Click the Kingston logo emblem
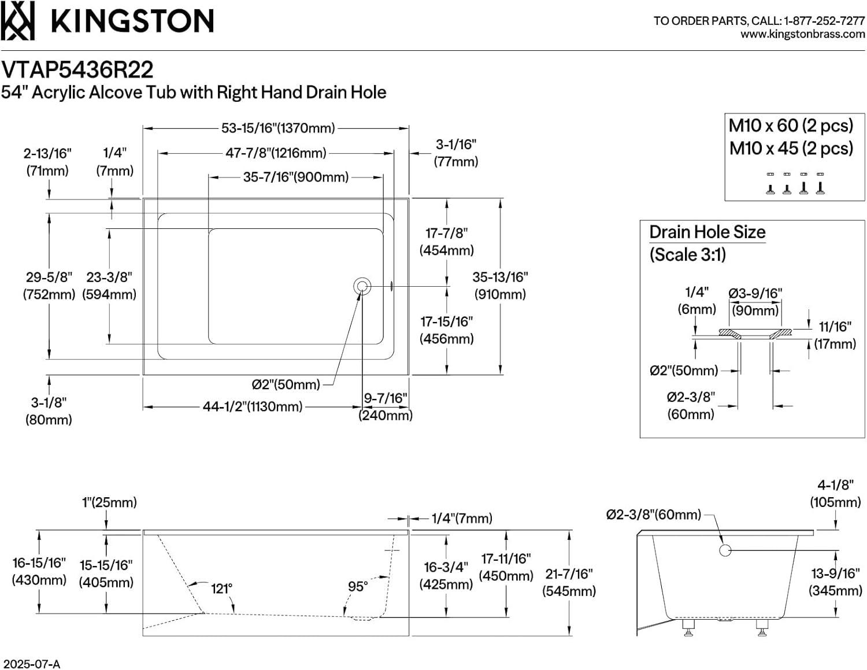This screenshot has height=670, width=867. pos(17,21)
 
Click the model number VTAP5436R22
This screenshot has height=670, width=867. pos(77,70)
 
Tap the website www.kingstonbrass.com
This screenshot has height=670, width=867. pos(802,35)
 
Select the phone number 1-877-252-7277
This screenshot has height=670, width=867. pos(824,21)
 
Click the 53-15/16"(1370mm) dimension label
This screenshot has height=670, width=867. pos(278,128)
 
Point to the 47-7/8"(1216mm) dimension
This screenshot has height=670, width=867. pos(276,153)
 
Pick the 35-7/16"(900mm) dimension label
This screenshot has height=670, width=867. pos(295,177)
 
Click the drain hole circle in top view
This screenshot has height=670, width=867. pos(362,286)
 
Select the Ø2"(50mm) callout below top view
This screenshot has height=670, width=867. pos(286,384)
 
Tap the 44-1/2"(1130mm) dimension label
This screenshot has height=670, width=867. pos(252,407)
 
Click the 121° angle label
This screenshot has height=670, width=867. pos(221,588)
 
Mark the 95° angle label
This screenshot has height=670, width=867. pos(358,586)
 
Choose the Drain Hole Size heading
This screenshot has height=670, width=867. pos(707,232)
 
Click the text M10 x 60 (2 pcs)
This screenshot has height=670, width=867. pos(791,125)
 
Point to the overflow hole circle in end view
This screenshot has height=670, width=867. pos(725,550)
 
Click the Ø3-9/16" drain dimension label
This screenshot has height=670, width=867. pos(755,294)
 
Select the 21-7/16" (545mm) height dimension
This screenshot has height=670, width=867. pos(569,582)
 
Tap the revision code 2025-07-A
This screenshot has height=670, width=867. pos(31,664)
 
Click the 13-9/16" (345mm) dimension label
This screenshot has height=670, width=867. pos(835,582)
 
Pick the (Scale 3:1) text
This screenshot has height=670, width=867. pos(687,254)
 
